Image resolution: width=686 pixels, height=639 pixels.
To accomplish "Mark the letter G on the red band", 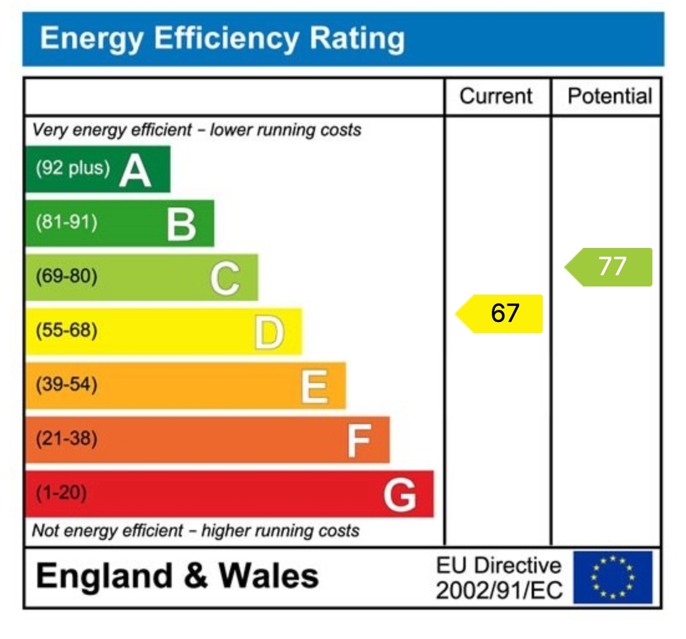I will pos(400,495).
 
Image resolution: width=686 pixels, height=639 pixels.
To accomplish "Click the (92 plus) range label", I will pos(72,168).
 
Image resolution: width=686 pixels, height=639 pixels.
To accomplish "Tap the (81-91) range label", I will pos(67,222).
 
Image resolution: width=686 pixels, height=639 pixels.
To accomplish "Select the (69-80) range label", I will pos(67,277).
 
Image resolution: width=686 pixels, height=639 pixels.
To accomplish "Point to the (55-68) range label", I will pos(67,331).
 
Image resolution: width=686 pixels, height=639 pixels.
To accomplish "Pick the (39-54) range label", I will pos(67,385).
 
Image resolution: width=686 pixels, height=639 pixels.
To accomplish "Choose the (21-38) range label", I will pos(67,439).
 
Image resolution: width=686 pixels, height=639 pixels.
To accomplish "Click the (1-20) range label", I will pos(61,493).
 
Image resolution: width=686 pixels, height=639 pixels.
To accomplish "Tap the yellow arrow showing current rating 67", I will pos(500,313).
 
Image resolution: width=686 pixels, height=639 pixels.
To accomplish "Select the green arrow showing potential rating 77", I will pos(609,267).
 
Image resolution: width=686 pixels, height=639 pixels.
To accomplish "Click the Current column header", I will pos(496,97).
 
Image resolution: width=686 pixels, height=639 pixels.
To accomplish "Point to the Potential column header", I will pos(609,97).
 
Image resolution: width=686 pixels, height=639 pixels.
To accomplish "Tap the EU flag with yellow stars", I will pos(613,577).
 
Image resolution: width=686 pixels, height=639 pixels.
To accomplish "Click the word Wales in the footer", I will pos(268,575).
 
